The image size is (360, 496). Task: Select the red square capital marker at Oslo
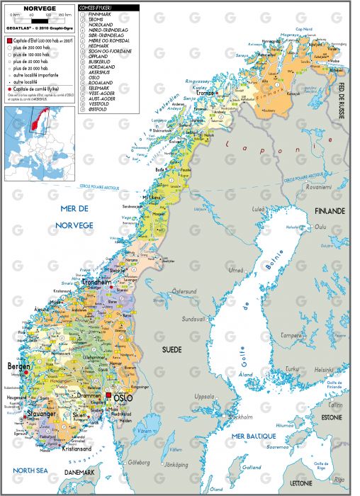click(108, 396)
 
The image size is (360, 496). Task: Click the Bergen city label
click(20, 367)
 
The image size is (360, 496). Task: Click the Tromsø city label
click(206, 93)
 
